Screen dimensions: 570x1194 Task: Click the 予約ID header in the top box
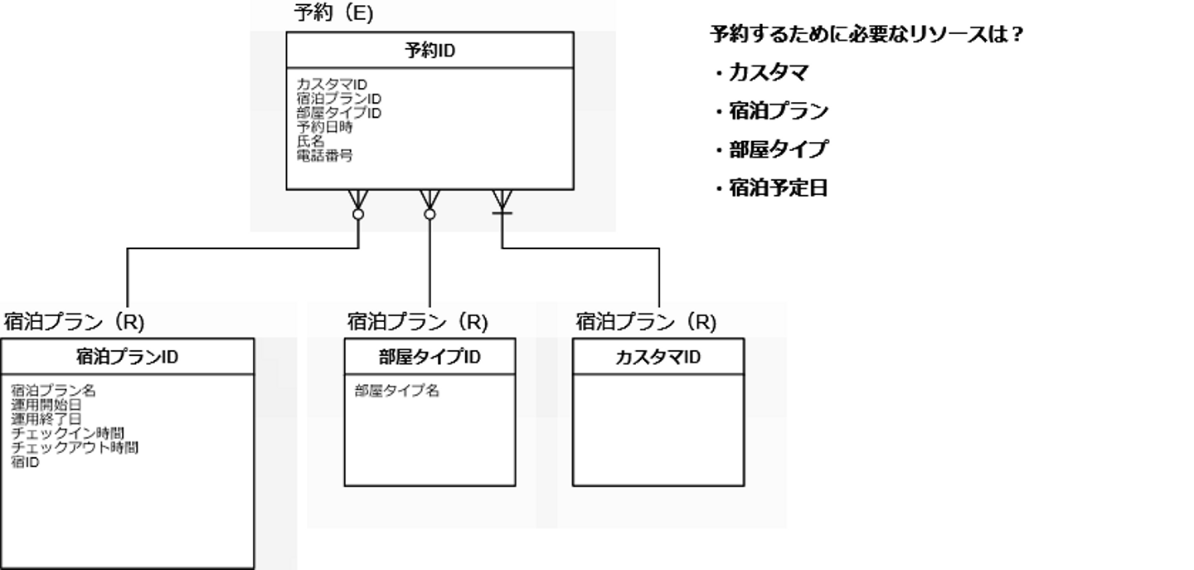click(x=430, y=51)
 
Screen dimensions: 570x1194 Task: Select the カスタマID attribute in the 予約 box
click(x=332, y=85)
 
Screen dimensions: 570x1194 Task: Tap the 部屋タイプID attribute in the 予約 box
click(x=338, y=113)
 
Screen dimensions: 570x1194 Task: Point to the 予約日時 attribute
click(x=324, y=127)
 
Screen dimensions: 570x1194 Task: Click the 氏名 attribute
click(x=310, y=141)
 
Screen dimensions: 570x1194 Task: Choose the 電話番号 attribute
click(x=324, y=155)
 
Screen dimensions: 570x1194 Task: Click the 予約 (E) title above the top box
click(x=333, y=13)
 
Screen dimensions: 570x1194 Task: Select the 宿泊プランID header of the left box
click(x=127, y=358)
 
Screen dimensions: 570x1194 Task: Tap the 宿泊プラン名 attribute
click(x=53, y=390)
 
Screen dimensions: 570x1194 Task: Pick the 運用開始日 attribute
click(x=46, y=405)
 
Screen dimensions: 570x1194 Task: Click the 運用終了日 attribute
click(x=46, y=419)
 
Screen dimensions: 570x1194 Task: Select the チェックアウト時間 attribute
click(x=75, y=448)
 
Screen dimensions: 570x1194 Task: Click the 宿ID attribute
click(x=26, y=462)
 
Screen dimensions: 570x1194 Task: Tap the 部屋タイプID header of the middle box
click(x=430, y=358)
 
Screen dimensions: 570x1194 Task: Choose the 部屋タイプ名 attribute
click(x=396, y=390)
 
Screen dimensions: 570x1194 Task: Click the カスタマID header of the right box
click(x=658, y=358)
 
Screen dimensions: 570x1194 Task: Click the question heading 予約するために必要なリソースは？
click(x=866, y=35)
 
